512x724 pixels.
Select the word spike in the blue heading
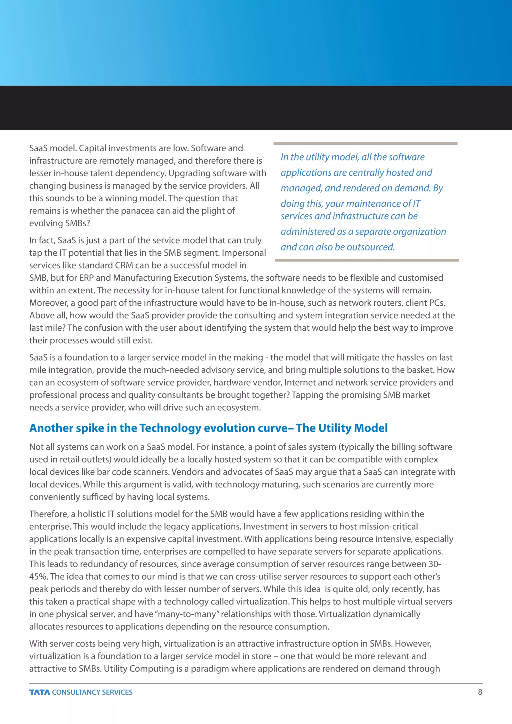[x=90, y=428]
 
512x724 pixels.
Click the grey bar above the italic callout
[x=365, y=143]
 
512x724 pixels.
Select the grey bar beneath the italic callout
[x=367, y=260]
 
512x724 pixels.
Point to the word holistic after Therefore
[x=91, y=514]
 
